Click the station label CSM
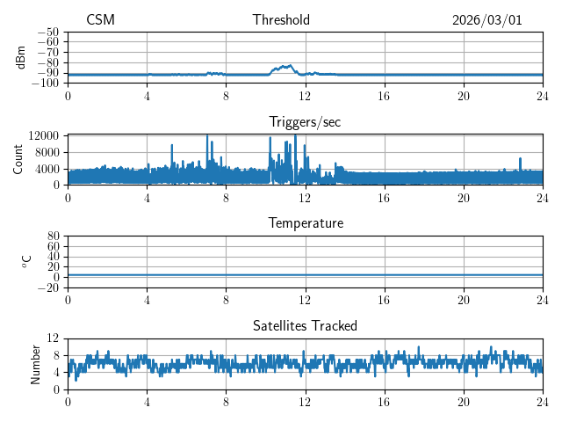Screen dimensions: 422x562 click(100, 20)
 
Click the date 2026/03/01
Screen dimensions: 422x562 click(486, 20)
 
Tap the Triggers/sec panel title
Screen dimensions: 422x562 click(305, 122)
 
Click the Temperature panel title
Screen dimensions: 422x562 click(305, 223)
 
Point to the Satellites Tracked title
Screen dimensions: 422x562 click(305, 325)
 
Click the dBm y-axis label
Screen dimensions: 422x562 click(20, 56)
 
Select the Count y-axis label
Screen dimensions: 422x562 click(18, 159)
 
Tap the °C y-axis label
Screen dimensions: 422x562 click(26, 261)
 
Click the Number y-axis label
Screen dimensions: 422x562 click(35, 363)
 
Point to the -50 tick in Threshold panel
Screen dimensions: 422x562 click(47, 32)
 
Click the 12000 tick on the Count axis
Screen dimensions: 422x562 click(43, 135)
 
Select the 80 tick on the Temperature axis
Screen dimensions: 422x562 click(54, 236)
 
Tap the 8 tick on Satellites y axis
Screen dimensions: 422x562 click(57, 355)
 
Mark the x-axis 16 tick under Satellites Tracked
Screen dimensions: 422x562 click(385, 402)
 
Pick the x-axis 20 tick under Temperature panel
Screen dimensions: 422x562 click(464, 300)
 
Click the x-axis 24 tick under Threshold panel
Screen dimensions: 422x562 click(543, 96)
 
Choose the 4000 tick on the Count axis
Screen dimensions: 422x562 click(47, 169)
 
